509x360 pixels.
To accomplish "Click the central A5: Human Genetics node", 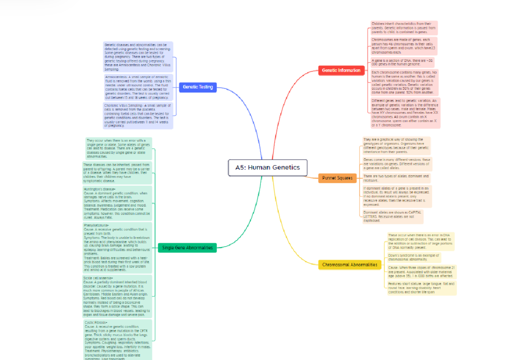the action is tap(267, 167).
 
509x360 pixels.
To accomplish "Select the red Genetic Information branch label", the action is tap(341, 70).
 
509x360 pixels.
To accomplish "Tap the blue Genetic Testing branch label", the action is tap(198, 87).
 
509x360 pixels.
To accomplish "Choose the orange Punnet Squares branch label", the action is tap(337, 178).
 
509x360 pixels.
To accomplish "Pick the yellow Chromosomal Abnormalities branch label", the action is tap(350, 264).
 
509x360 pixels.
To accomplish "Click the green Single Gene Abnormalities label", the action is tap(187, 247).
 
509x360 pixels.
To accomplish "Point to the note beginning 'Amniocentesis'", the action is tap(138, 87).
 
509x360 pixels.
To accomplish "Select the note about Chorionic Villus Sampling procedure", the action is tap(138, 115).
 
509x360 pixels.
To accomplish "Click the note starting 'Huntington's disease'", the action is tap(117, 203).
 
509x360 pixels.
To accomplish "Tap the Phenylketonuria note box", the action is tap(117, 247).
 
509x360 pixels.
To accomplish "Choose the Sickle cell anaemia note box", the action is tap(116, 296).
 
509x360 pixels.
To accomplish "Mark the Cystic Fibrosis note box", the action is tap(117, 340).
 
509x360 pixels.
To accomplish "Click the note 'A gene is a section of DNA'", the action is tap(403, 62).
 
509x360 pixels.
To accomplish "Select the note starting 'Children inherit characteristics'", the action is tap(403, 28).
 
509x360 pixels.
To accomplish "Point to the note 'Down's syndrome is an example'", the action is tap(414, 257).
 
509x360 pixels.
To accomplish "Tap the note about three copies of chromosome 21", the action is tap(421, 272).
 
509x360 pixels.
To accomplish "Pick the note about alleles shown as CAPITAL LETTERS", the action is tap(392, 217).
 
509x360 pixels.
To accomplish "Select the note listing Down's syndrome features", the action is tap(421, 288).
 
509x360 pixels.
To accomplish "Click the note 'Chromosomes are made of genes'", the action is tap(403, 46).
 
